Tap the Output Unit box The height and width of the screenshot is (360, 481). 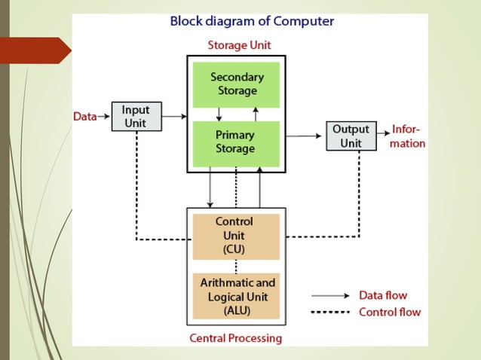coord(351,136)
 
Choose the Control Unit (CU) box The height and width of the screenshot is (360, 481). coord(235,236)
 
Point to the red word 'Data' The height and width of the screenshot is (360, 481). coord(84,117)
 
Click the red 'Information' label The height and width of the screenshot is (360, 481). coord(407,136)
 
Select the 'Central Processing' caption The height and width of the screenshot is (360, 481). coord(235,338)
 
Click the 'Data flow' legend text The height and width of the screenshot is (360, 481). coord(382,296)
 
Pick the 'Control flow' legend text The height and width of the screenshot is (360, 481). coord(389,312)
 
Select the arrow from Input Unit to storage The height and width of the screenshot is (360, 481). coord(173,117)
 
